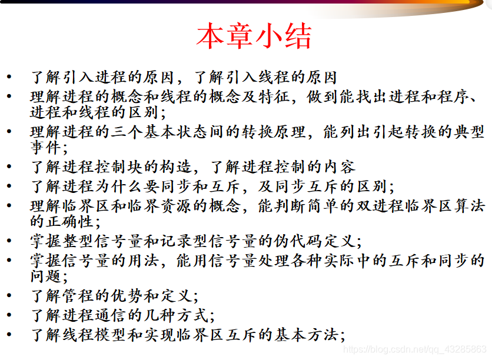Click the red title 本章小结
click(254, 36)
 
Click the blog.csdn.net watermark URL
click(415, 349)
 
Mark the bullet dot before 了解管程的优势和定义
click(9, 296)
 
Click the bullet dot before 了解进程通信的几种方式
click(9, 316)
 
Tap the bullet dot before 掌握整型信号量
click(9, 242)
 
